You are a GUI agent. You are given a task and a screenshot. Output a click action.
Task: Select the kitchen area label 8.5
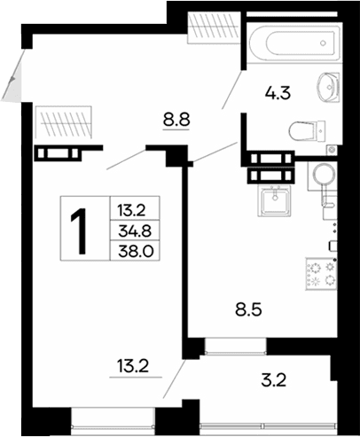point(249,311)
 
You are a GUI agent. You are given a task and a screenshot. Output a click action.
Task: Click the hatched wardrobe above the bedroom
point(63,121)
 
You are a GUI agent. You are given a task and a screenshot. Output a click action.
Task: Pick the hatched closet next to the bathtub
point(213,27)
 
